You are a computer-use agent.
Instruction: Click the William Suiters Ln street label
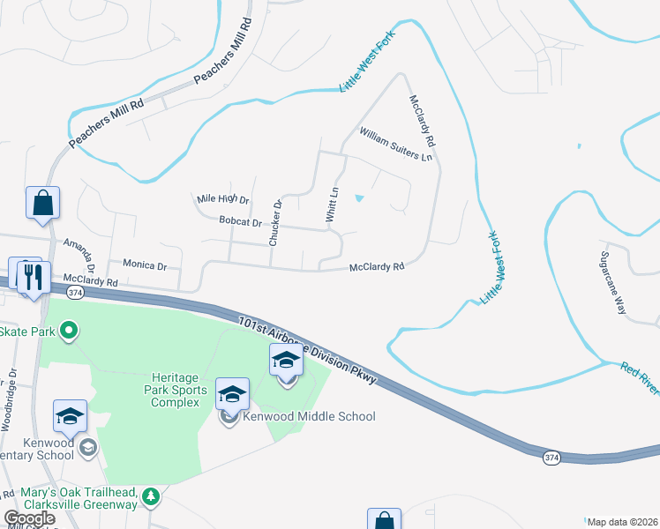(x=395, y=145)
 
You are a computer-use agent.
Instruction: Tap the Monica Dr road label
(x=145, y=264)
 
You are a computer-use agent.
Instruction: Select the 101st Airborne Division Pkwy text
(x=308, y=350)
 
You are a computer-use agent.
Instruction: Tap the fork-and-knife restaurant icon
(x=34, y=277)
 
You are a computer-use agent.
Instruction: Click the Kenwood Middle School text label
(x=311, y=416)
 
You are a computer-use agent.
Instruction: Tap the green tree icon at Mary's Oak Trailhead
(x=151, y=497)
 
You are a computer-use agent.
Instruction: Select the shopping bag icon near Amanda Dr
(x=42, y=203)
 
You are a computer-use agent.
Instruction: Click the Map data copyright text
(x=622, y=522)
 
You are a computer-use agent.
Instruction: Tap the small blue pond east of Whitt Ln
(x=358, y=198)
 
